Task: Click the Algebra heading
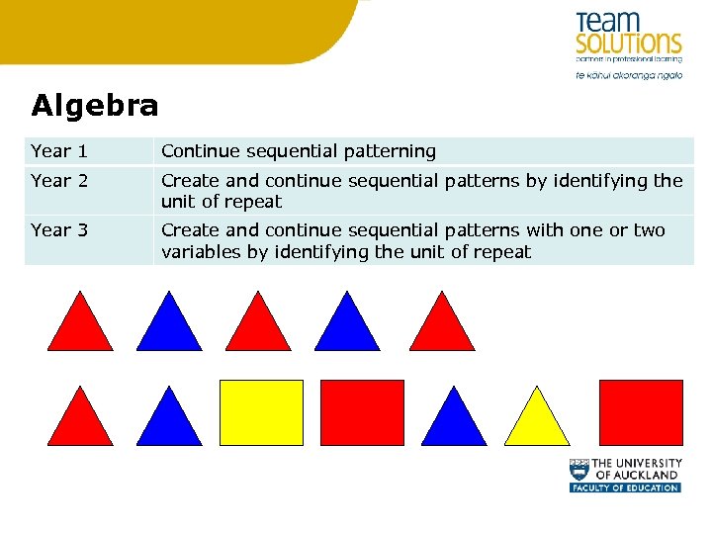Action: [x=94, y=105]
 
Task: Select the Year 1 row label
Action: [x=59, y=151]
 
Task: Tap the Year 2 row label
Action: [x=59, y=181]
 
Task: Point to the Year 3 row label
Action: [x=59, y=230]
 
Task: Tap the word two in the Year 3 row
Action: [x=649, y=230]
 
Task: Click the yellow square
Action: [x=261, y=412]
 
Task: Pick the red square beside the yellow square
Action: [x=362, y=412]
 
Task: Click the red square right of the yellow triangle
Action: [x=641, y=412]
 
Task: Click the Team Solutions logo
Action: [x=628, y=35]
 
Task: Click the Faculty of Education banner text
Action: [x=625, y=488]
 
